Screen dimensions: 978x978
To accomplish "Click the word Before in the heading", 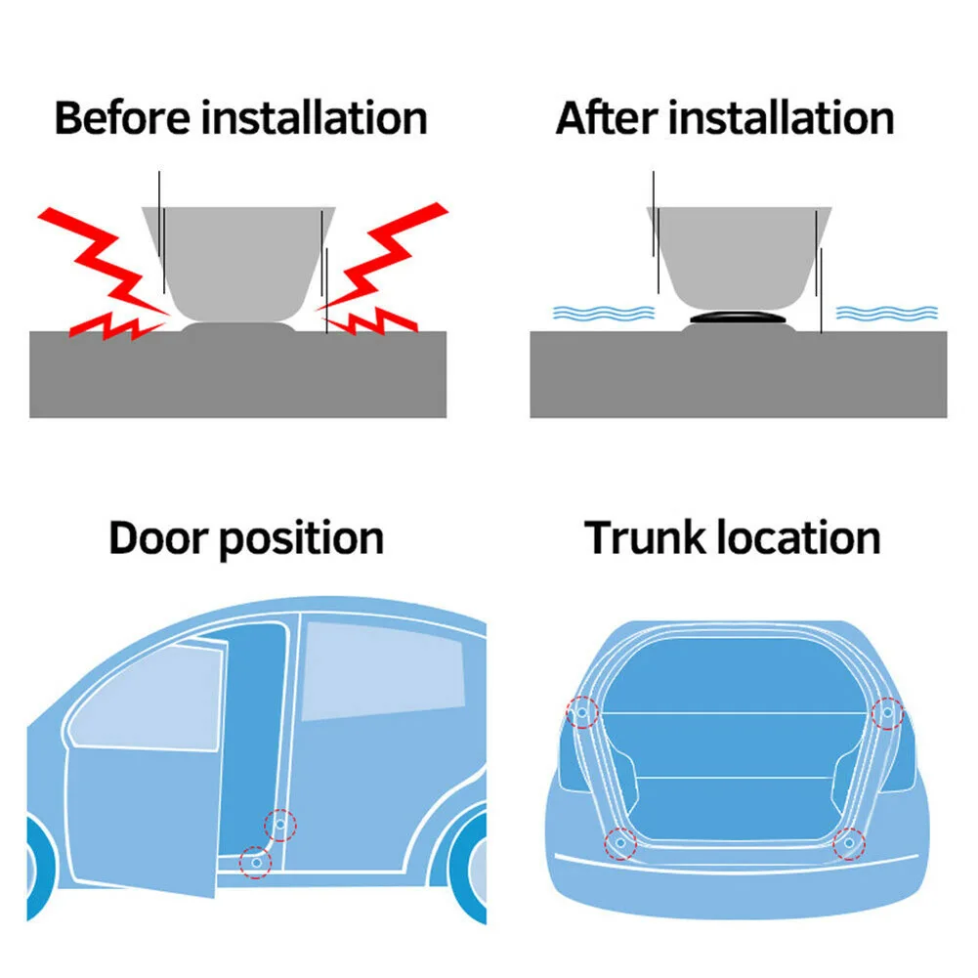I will click(x=123, y=118).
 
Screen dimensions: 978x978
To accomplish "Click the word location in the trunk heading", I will click(x=798, y=538).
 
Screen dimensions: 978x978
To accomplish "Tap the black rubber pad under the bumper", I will click(x=738, y=319).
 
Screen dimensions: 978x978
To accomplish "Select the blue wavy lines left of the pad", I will click(x=603, y=313).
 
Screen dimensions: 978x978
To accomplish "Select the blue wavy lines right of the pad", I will click(x=886, y=313).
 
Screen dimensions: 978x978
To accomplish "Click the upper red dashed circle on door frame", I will click(x=280, y=826).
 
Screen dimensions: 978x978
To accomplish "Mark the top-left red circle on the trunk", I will click(x=583, y=712).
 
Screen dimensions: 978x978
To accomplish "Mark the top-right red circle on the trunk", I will click(x=887, y=712).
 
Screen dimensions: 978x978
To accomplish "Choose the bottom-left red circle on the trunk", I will click(x=619, y=841).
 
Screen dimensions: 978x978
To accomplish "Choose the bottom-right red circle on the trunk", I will click(x=849, y=841).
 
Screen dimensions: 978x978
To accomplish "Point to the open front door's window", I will click(x=147, y=699).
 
